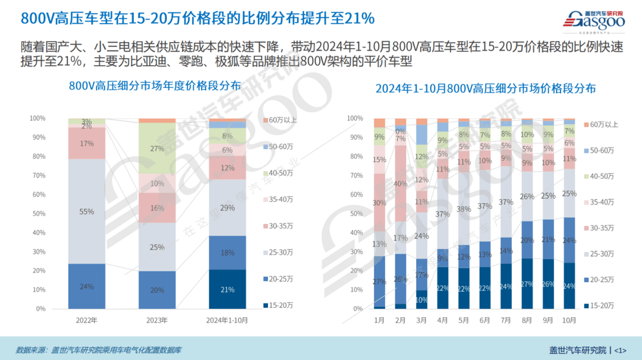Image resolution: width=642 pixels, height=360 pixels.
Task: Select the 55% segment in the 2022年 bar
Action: click(87, 211)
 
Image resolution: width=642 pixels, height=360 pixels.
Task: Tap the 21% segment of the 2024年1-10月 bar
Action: click(228, 289)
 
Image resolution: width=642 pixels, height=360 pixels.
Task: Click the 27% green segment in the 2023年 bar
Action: click(158, 149)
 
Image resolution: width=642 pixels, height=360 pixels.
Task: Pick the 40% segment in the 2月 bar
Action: click(401, 184)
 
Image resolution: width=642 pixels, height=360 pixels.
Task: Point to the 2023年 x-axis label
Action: click(158, 320)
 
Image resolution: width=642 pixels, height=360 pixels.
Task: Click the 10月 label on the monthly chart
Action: click(569, 320)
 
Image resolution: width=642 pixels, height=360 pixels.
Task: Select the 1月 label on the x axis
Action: click(380, 320)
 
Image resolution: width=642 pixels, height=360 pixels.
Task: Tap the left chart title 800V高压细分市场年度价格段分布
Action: click(155, 86)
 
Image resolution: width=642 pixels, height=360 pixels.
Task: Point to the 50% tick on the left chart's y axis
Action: click(38, 214)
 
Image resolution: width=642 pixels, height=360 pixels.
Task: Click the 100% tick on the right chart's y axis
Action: click(354, 119)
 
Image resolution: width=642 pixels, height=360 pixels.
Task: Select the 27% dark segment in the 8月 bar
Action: click(527, 283)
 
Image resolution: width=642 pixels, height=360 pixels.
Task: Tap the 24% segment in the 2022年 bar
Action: click(87, 286)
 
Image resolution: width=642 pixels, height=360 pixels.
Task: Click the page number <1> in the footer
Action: click(619, 349)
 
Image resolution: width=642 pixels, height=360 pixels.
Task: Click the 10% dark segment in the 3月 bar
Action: click(421, 299)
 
